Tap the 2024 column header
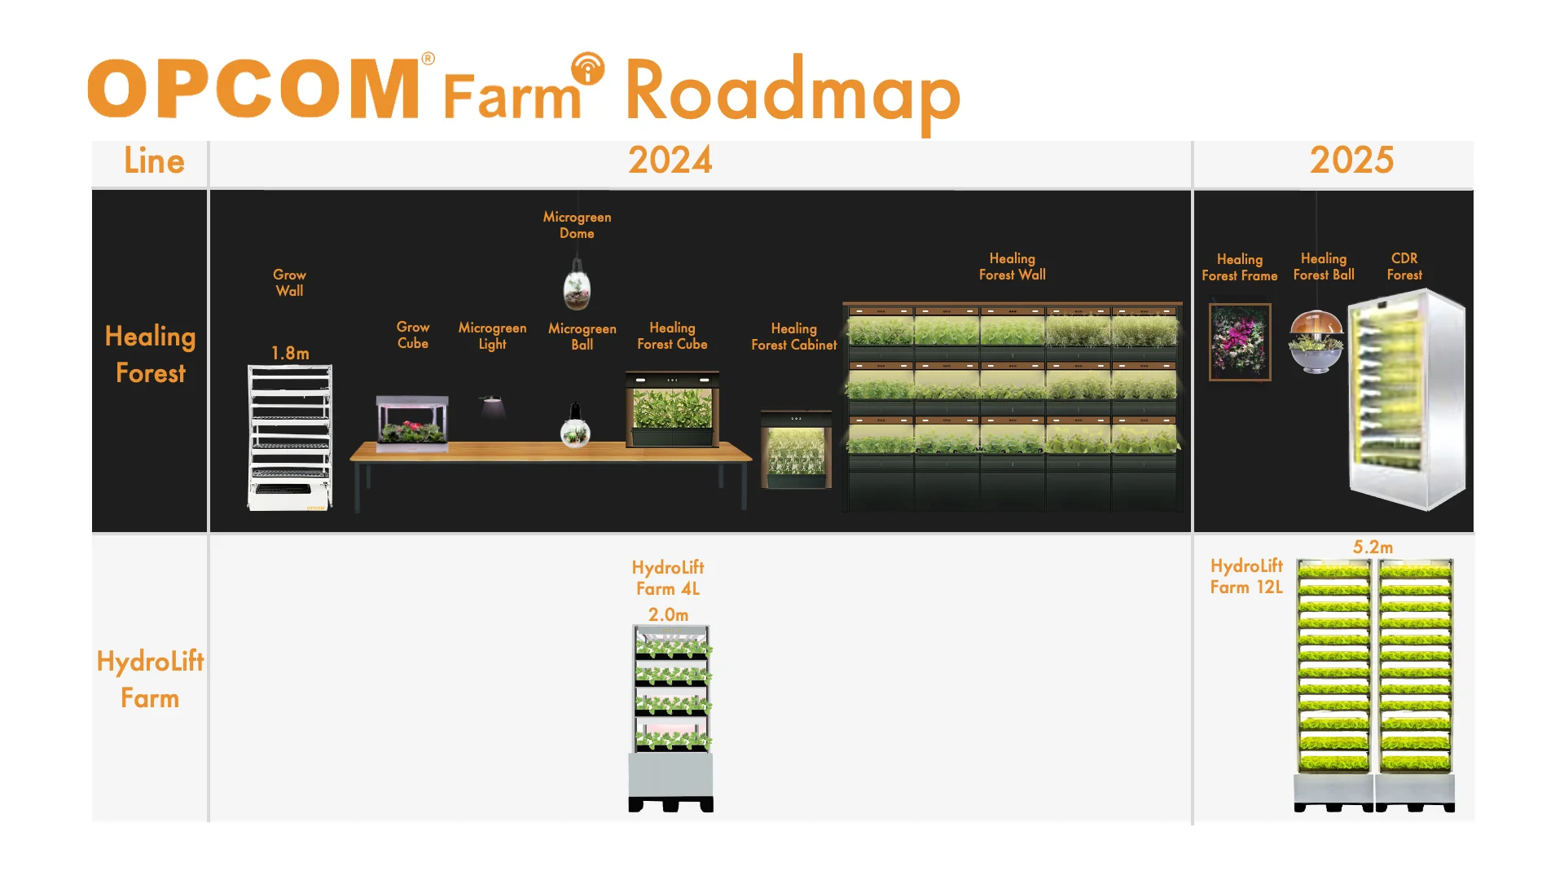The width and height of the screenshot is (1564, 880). coord(670,161)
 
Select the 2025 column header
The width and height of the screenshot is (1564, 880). coord(1351,161)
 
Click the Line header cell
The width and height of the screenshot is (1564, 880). coord(154,161)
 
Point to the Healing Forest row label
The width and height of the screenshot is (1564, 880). coord(151,354)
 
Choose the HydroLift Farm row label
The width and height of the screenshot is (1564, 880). coord(150,680)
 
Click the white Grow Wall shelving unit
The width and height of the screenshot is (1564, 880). coord(290,438)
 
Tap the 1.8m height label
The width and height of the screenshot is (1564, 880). coord(290,353)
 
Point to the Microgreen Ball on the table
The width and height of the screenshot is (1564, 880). coord(575,429)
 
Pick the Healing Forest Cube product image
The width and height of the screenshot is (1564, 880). coord(672,409)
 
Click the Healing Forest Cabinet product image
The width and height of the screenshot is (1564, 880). coord(796,450)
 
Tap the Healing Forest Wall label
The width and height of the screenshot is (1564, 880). coord(1012,266)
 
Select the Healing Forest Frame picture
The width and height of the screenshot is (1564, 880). coord(1240,342)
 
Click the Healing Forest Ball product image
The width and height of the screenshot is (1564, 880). coord(1316,341)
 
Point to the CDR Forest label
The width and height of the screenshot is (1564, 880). coord(1404,266)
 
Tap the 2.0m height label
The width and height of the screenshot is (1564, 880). coord(668,614)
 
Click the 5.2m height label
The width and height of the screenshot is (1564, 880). coord(1373,547)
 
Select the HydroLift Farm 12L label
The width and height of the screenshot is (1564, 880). coord(1246,576)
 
